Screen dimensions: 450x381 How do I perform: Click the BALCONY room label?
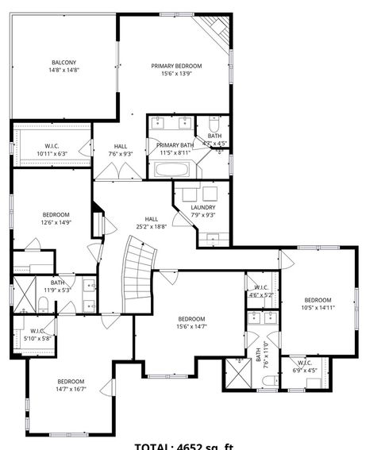click(x=64, y=62)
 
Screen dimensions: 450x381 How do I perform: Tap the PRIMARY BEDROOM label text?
click(x=176, y=66)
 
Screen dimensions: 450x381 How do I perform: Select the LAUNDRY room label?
click(x=203, y=207)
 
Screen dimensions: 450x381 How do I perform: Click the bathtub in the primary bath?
click(x=171, y=169)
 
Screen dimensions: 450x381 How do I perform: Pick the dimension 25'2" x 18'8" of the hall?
click(x=151, y=226)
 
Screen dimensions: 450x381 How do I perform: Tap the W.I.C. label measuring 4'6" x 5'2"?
click(x=260, y=287)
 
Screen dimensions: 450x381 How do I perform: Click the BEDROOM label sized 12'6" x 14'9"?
click(x=56, y=214)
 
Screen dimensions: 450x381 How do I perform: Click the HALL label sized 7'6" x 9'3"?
click(x=121, y=146)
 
